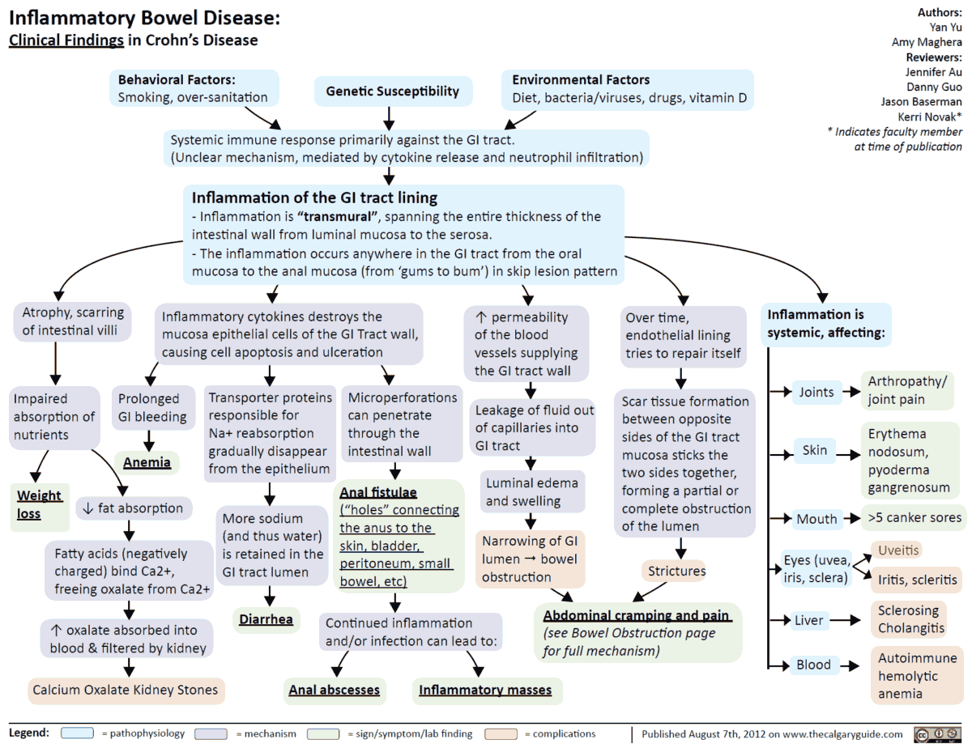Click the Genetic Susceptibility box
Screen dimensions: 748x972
(x=392, y=91)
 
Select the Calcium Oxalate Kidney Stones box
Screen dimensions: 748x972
(x=125, y=690)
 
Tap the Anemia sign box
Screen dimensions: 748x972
(x=147, y=462)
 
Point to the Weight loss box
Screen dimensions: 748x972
(x=39, y=504)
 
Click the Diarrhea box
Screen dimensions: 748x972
(x=266, y=619)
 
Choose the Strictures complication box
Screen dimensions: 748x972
(x=676, y=571)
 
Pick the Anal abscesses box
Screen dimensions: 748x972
(x=334, y=690)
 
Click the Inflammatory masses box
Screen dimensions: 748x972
(x=484, y=690)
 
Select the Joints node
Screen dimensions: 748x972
(x=816, y=392)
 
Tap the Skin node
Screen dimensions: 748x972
(x=814, y=449)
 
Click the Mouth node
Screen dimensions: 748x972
(x=816, y=519)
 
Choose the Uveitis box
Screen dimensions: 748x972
(x=897, y=550)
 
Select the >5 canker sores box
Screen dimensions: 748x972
(x=914, y=517)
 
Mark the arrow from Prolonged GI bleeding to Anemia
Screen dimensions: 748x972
(x=149, y=439)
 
